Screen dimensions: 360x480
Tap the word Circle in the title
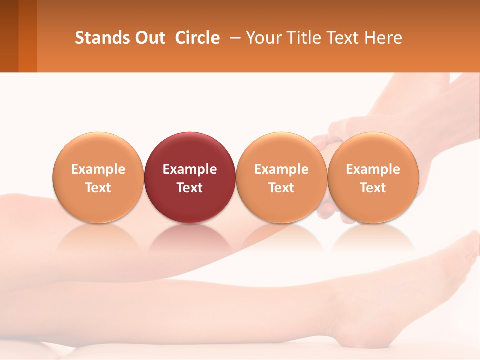tap(197, 38)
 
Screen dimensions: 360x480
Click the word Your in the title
tap(263, 38)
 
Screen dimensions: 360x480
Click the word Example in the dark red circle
tap(190, 169)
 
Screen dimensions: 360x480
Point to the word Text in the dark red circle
tap(190, 188)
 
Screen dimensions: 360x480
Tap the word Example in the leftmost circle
tap(98, 169)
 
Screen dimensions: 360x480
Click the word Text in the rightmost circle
tap(373, 188)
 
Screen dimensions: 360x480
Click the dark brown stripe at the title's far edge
tap(9, 36)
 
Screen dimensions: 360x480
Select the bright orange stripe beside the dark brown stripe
tap(28, 36)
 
